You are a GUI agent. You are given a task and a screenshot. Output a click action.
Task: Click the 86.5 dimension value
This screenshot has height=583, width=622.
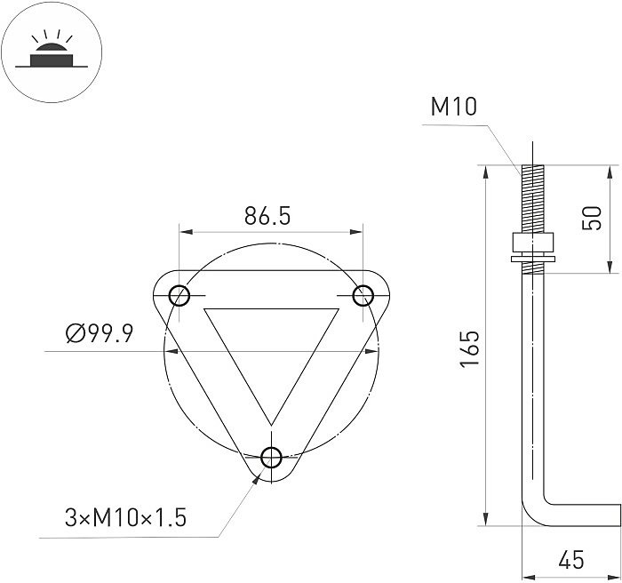[267, 216]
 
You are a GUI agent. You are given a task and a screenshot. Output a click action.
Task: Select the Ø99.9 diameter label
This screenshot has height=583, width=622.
[99, 334]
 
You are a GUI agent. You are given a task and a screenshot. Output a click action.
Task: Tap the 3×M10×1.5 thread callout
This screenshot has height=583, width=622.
[125, 518]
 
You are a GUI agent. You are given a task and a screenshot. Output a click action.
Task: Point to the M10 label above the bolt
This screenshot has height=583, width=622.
[454, 108]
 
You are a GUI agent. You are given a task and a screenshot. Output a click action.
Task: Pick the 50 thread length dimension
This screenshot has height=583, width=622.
[591, 218]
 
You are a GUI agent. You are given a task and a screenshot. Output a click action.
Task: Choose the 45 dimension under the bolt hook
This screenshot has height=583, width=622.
[572, 560]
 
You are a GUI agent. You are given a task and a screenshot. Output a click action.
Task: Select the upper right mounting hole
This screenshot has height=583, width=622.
[363, 295]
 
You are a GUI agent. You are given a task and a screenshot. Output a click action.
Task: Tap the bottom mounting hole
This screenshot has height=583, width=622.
[272, 459]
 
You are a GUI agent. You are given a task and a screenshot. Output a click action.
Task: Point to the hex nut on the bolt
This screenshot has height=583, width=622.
[531, 244]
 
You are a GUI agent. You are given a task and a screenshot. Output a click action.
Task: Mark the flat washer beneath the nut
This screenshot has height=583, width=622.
[531, 260]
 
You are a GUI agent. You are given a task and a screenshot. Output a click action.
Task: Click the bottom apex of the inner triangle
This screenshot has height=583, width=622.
[271, 426]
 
